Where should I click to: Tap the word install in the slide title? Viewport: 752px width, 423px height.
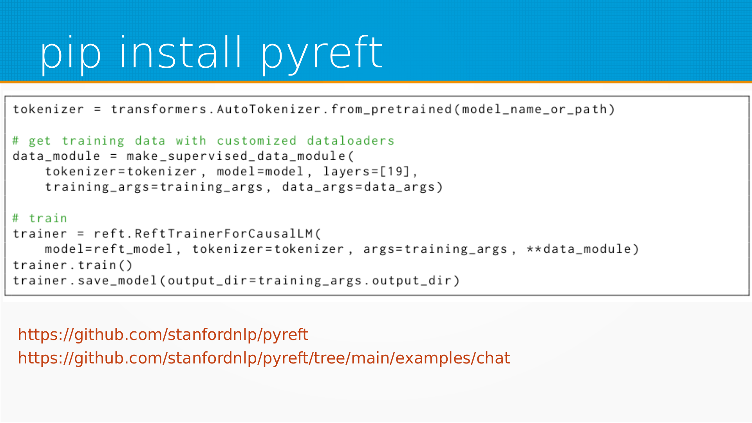click(x=181, y=52)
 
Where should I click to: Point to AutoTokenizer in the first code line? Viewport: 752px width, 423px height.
click(x=269, y=109)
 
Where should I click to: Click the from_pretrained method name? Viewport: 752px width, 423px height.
click(x=391, y=110)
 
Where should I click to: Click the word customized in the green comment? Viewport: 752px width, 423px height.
click(x=257, y=141)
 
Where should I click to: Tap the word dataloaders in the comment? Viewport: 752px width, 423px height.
click(x=351, y=141)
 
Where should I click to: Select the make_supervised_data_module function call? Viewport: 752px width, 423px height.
click(x=236, y=156)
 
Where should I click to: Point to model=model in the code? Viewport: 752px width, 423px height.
click(x=260, y=172)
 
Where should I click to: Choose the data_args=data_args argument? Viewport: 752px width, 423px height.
click(x=358, y=187)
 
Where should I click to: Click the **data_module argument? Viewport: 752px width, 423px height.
click(x=578, y=249)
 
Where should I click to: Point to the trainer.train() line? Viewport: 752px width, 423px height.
click(x=73, y=265)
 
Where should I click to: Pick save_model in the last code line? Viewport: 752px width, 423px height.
click(x=117, y=281)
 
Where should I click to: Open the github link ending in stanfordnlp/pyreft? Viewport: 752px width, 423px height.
click(x=163, y=335)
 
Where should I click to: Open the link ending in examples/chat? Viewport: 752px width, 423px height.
click(x=264, y=358)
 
